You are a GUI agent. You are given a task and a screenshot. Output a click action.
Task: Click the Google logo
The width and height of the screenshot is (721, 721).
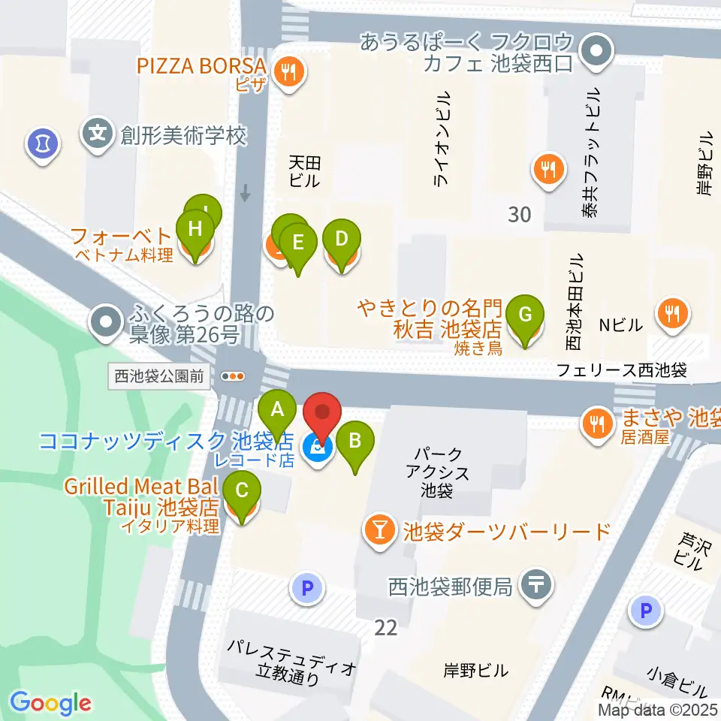(50, 704)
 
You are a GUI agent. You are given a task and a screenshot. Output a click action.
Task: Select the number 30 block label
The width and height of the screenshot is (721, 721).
(519, 215)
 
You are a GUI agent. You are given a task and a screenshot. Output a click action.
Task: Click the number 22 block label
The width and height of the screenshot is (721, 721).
(386, 627)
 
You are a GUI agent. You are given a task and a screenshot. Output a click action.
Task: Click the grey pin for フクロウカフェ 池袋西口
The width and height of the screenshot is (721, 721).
(597, 53)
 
